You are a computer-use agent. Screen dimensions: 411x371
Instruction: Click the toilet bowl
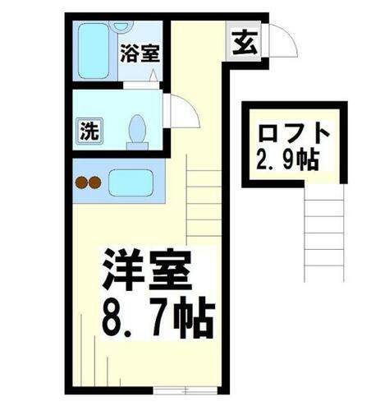click(138, 130)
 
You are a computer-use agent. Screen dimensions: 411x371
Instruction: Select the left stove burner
click(81, 182)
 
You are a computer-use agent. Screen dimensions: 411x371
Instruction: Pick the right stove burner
click(94, 182)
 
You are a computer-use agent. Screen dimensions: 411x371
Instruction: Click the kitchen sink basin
click(131, 182)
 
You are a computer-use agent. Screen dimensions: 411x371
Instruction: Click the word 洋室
click(146, 268)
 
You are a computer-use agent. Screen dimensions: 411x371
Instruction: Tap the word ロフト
click(294, 132)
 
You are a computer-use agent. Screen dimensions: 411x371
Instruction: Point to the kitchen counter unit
click(118, 182)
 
